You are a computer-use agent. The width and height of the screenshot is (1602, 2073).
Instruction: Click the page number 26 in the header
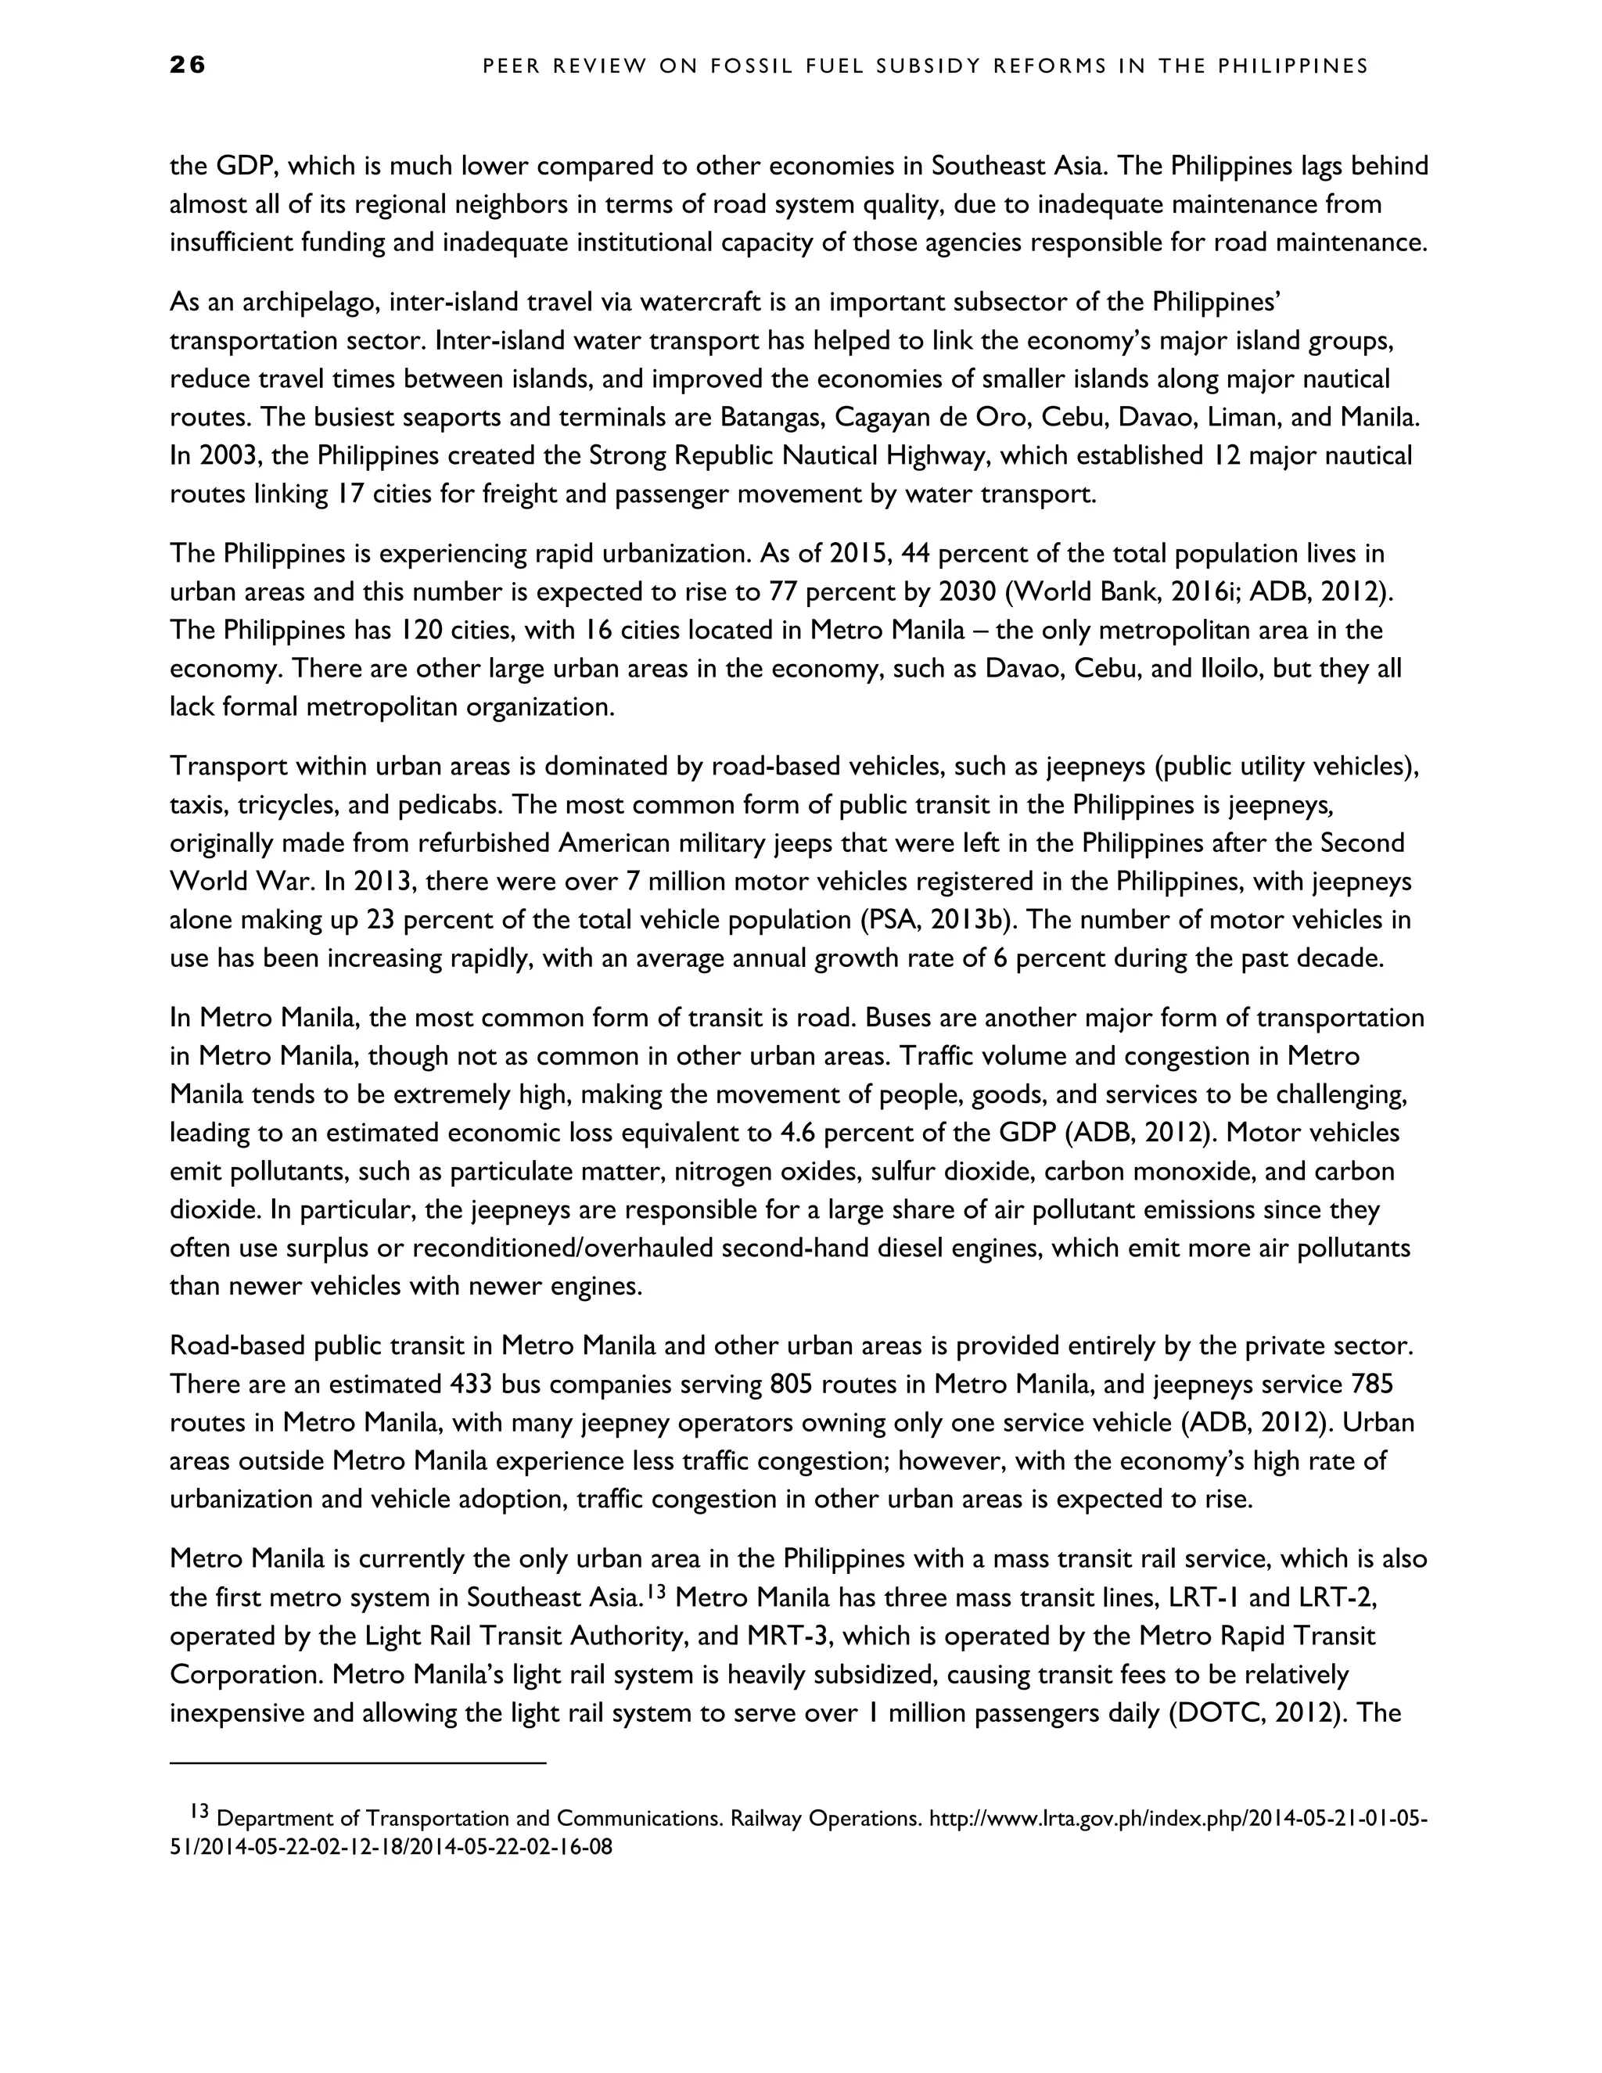(x=188, y=65)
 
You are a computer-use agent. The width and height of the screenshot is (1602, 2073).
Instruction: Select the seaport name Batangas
(x=773, y=417)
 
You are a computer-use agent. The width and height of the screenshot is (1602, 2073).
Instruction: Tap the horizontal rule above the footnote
(x=357, y=1763)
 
